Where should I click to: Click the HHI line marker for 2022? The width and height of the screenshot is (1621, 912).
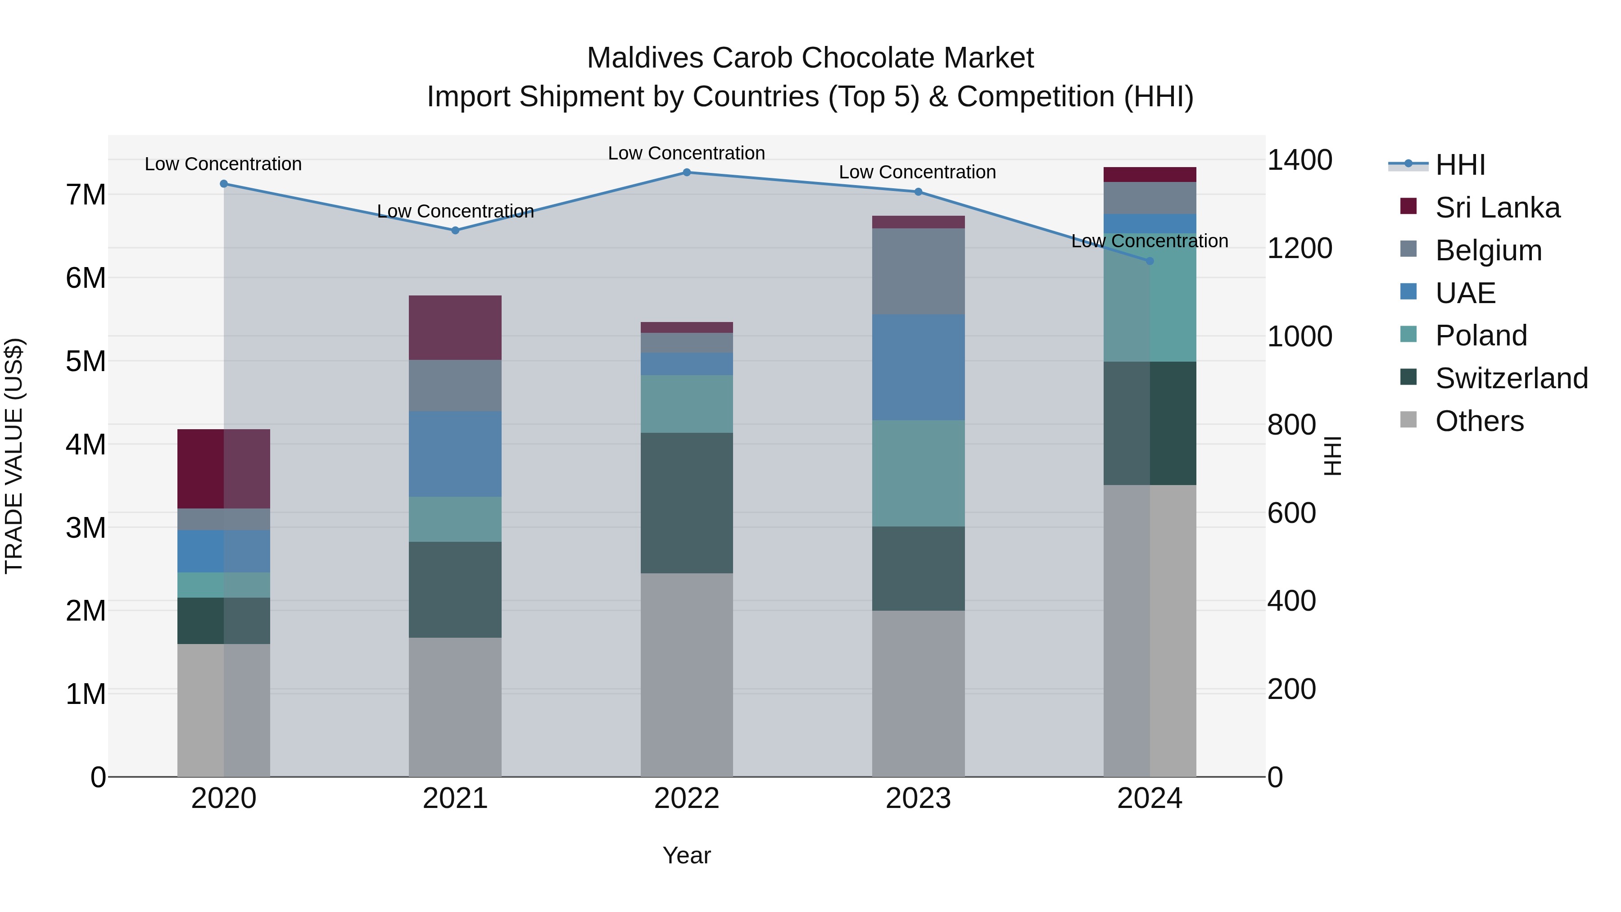point(687,172)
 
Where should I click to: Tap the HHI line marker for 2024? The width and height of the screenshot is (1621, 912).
point(1150,261)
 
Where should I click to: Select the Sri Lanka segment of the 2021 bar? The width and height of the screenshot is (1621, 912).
point(455,327)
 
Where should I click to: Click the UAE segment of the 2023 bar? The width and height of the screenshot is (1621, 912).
point(918,367)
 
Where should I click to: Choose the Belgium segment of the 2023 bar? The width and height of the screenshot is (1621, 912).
point(918,271)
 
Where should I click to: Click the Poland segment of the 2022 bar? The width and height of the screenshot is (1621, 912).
point(687,404)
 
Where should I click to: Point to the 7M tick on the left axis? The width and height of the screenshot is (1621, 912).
point(86,195)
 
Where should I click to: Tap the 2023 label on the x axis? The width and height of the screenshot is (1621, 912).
point(918,798)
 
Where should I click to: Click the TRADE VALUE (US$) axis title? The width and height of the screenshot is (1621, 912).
point(14,456)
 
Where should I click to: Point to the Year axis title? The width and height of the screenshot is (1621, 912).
point(687,855)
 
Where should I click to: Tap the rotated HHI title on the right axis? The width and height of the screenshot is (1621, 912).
point(1332,456)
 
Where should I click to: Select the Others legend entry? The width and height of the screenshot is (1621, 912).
point(1479,421)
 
